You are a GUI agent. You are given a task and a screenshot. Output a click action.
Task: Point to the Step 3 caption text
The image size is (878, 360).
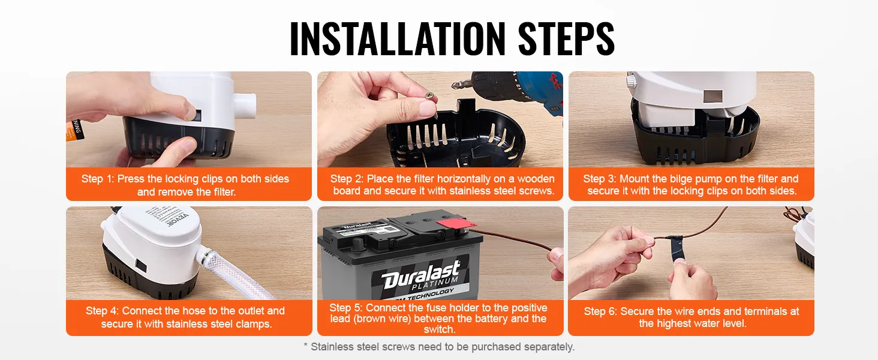[x=691, y=185]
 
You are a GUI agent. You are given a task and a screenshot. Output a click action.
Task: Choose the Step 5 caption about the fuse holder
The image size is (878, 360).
[x=440, y=318]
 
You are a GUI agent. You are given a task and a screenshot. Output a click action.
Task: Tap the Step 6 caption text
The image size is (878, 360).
[x=691, y=317]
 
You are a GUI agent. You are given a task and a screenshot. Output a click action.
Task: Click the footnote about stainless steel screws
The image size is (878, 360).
[x=439, y=347]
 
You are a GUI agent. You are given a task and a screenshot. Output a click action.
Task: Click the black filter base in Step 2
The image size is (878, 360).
[x=456, y=138]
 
